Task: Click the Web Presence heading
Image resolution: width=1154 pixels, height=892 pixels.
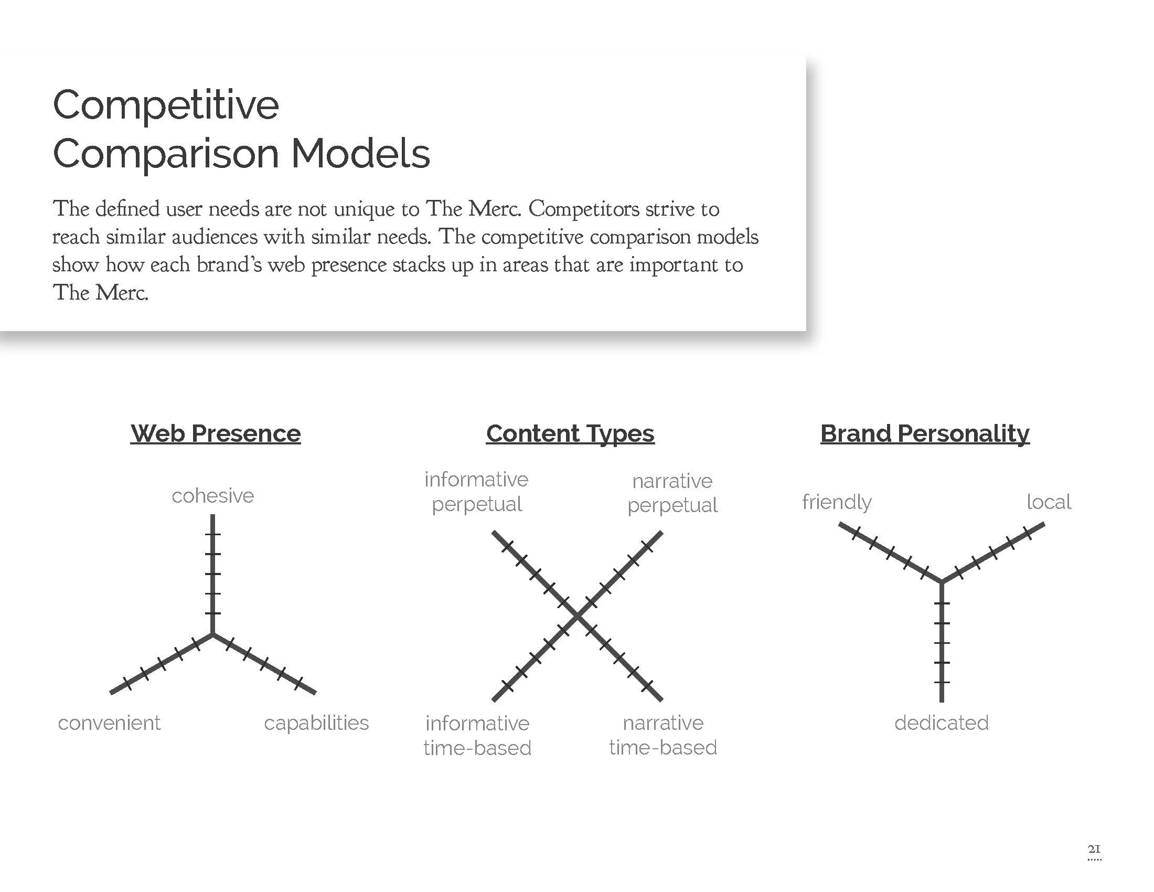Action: tap(216, 434)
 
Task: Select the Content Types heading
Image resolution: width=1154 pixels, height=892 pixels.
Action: tap(570, 434)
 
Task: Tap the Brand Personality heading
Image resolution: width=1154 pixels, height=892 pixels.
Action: tap(925, 434)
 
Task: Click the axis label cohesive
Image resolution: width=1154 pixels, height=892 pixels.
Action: tap(213, 496)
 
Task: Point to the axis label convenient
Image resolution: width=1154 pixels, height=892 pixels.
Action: tap(109, 723)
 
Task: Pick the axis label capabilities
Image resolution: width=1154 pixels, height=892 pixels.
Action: tap(316, 723)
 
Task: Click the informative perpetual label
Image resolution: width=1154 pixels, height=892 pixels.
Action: tap(477, 492)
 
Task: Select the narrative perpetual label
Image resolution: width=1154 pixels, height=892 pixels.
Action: tap(672, 493)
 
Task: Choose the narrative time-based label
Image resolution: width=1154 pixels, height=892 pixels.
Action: tap(663, 735)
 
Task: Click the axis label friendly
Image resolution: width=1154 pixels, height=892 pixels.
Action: tap(837, 502)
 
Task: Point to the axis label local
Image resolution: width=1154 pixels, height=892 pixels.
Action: tap(1049, 502)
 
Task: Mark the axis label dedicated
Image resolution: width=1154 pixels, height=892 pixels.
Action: tap(942, 723)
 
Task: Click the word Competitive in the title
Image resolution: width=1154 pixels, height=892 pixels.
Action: tap(166, 105)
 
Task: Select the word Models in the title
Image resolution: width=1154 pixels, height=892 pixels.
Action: tap(361, 154)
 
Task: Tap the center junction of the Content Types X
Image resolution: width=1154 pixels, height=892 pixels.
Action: tap(577, 616)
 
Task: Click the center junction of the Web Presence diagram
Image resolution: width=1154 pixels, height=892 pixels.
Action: tap(213, 634)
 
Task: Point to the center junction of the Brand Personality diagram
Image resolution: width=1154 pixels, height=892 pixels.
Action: tap(942, 582)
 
